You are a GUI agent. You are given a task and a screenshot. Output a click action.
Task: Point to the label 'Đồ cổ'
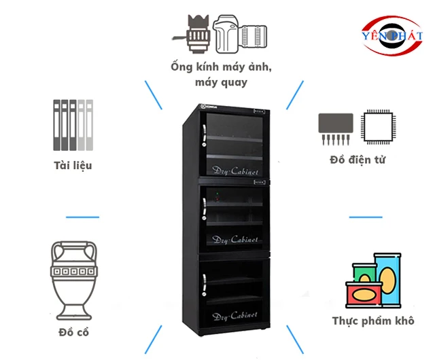tap(74, 333)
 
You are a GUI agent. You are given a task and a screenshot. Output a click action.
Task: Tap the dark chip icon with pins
tap(336, 126)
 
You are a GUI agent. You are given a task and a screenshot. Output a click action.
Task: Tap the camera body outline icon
tap(226, 33)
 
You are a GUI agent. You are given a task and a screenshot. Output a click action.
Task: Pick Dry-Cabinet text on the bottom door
tap(234, 317)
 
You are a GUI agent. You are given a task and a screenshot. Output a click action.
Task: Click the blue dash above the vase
tap(82, 217)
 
